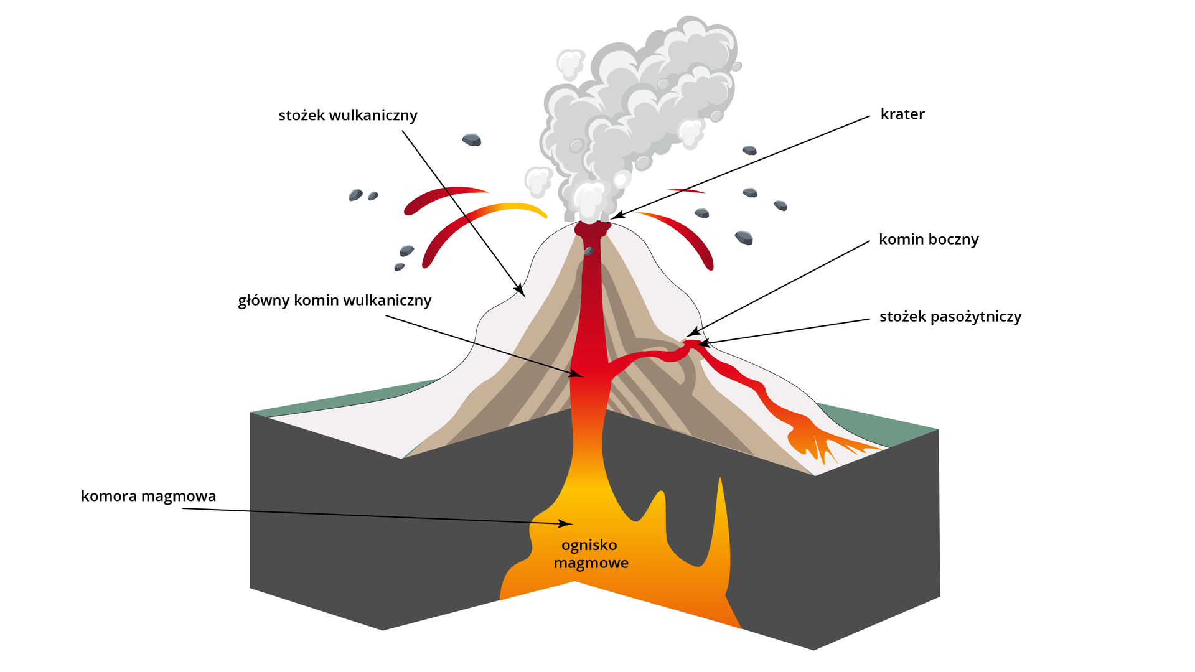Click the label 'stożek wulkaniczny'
[x=347, y=116]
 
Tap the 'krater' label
[x=902, y=114]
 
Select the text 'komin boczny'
[x=928, y=240]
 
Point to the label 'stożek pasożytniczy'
[x=950, y=317]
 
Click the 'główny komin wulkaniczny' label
[x=334, y=301]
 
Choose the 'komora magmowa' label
[x=148, y=497]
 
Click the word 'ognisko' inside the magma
[x=589, y=545]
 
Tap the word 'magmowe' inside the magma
[x=591, y=563]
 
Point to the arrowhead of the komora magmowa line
[x=568, y=524]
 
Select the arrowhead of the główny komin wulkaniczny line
[x=579, y=375]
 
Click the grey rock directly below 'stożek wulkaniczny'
[x=472, y=140]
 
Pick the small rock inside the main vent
[x=588, y=251]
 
